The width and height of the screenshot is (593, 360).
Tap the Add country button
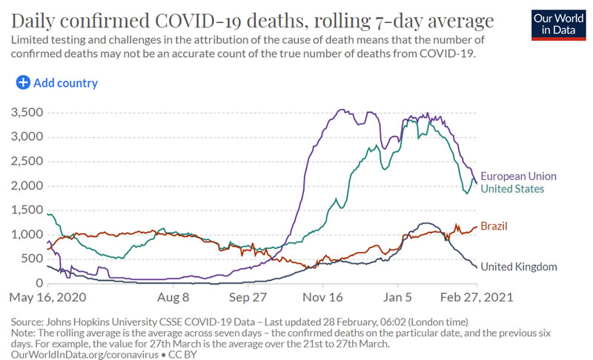pos(57,83)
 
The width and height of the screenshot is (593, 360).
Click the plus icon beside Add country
pos(23,83)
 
